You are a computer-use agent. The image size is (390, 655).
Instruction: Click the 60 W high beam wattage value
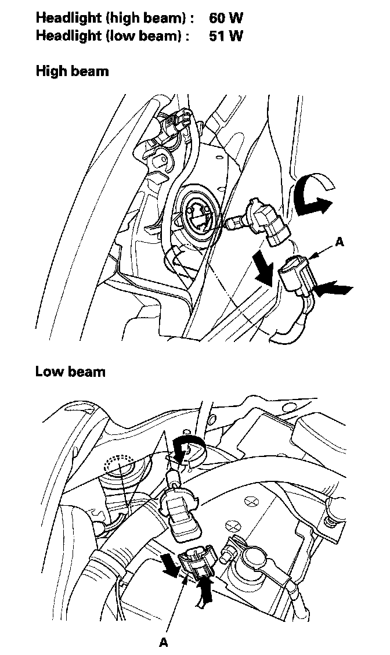click(x=226, y=17)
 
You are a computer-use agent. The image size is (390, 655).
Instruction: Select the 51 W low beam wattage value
click(x=225, y=35)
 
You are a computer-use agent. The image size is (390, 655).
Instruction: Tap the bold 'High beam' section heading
click(x=72, y=71)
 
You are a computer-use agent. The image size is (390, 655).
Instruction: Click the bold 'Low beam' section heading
click(x=70, y=371)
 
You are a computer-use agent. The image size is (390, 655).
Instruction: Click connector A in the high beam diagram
click(x=297, y=276)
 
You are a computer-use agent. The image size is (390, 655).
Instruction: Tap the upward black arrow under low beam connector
click(x=204, y=592)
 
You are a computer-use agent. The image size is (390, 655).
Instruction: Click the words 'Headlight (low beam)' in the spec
click(x=113, y=35)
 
